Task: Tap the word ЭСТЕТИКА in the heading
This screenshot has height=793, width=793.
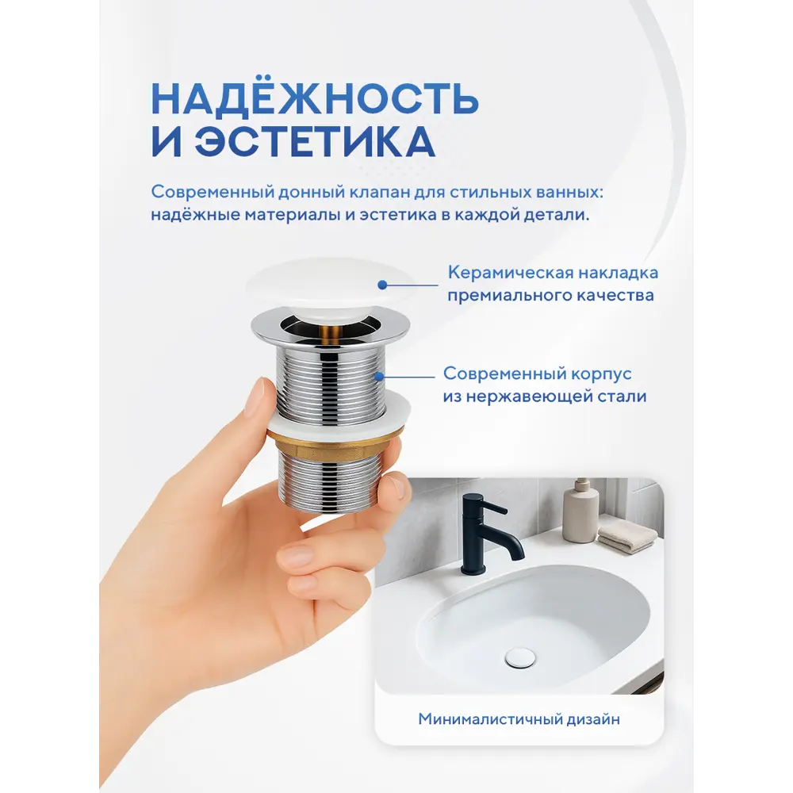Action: click(x=316, y=142)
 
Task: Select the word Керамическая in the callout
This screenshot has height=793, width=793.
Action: click(x=510, y=273)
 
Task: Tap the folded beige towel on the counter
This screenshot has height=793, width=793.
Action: click(x=627, y=537)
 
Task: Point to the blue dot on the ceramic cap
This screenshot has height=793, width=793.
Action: click(x=382, y=285)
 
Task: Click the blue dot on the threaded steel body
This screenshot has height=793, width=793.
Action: click(x=378, y=377)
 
